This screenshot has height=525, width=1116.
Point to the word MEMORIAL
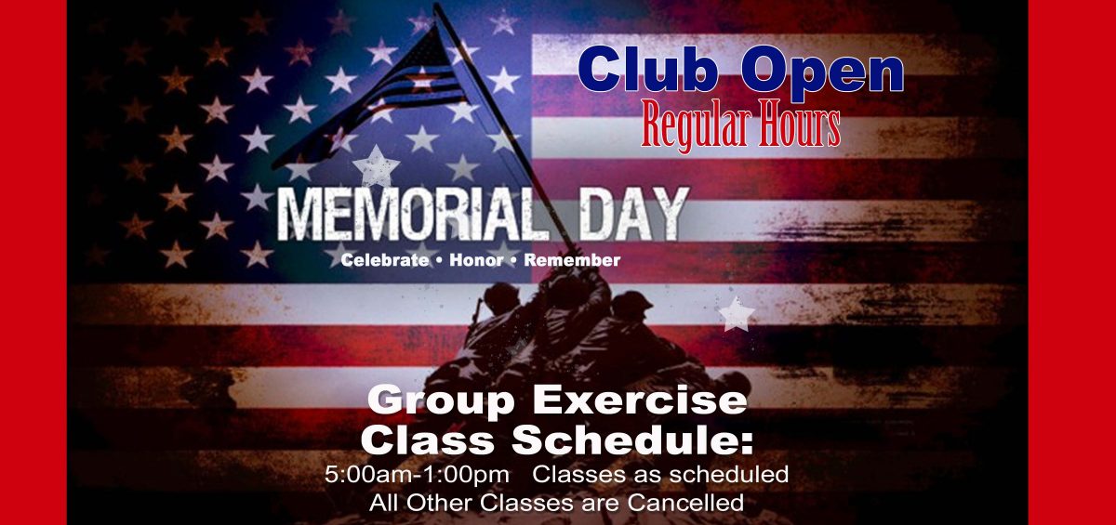405,215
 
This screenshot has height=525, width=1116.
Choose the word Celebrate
384,260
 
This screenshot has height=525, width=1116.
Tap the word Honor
476,260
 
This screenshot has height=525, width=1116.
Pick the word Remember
572,260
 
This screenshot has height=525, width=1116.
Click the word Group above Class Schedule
442,401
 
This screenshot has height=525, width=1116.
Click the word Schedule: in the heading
632,440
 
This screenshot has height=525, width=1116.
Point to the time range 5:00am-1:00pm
417,475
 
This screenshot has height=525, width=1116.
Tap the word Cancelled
685,503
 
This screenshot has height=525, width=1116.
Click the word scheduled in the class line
729,474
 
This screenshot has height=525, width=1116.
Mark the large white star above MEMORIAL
376,165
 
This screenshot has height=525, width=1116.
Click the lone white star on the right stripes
737,313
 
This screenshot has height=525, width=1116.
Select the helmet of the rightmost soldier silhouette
631,302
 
